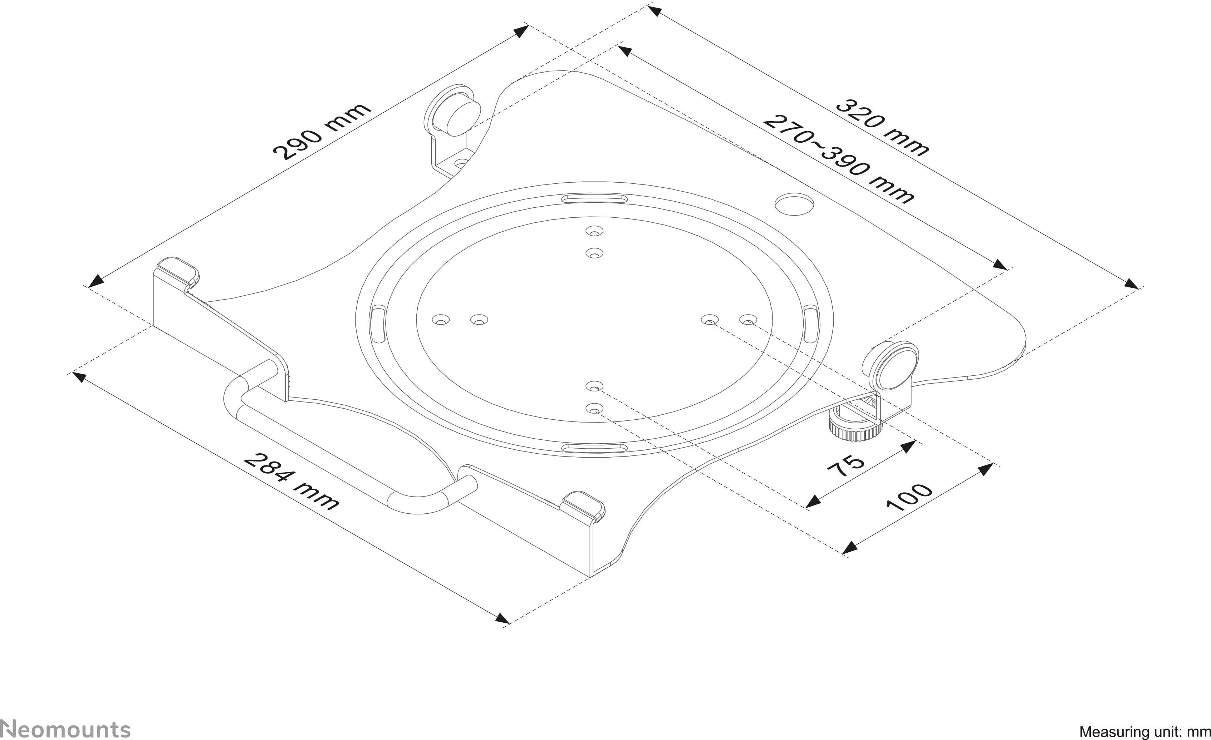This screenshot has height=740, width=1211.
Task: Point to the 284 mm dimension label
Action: coord(291,482)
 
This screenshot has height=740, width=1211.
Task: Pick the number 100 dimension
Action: coord(909,497)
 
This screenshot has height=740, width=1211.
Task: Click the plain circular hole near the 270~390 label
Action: coord(793,204)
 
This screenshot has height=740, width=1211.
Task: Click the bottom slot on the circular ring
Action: coord(595,448)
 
